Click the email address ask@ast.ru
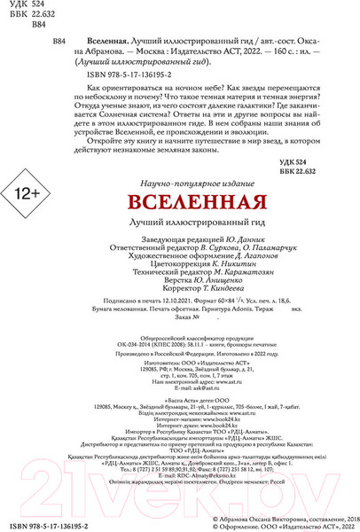click(x=204, y=389)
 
